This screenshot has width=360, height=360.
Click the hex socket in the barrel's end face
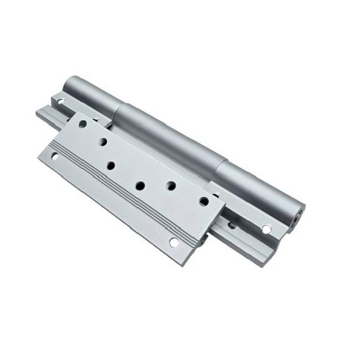[298, 215]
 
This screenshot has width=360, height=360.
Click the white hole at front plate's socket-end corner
[173, 242]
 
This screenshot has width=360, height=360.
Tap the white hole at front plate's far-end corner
[55, 156]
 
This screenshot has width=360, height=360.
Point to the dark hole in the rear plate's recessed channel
[231, 225]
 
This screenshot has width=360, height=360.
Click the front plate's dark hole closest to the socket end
[204, 201]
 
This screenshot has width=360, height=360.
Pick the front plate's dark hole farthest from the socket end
[83, 124]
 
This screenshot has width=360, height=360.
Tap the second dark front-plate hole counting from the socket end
[171, 185]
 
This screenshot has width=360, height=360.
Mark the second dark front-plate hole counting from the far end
[103, 141]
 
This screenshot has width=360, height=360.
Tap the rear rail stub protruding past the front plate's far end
[45, 114]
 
